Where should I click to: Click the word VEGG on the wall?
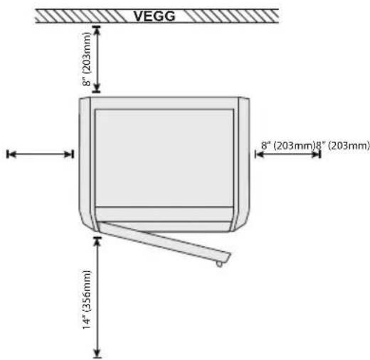pos(154,16)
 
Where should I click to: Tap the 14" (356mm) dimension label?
pos(87,300)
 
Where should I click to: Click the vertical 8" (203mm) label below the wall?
pos(87,59)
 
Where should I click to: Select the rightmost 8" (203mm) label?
pos(343,145)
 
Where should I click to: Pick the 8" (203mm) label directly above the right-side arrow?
pos(288,145)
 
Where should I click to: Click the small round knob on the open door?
pos(219,264)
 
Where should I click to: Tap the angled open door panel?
pos(164,241)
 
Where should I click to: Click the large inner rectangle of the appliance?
pos(164,158)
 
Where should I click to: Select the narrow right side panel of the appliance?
pos(243,164)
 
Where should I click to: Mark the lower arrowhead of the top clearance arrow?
pos(97,88)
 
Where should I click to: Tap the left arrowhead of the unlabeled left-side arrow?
pos(11,154)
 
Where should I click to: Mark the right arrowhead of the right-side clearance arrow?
pos(316,154)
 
